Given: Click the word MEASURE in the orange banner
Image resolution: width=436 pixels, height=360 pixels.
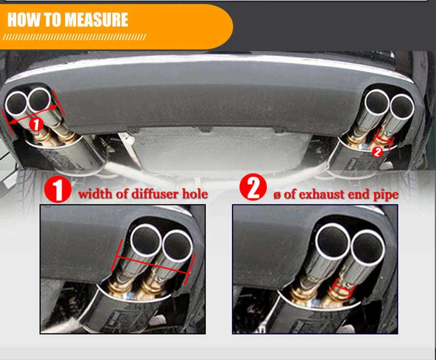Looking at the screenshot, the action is (x=96, y=20).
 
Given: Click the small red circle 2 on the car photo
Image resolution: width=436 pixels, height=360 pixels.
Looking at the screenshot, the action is (x=377, y=152).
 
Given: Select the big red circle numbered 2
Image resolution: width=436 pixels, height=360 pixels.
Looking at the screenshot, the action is (x=253, y=187).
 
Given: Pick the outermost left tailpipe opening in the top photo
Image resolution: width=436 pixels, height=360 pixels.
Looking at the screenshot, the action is (x=16, y=103).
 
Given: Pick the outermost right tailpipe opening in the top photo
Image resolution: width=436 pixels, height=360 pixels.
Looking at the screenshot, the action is (x=402, y=107).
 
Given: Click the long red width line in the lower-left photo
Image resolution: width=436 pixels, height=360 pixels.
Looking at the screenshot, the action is (x=153, y=264).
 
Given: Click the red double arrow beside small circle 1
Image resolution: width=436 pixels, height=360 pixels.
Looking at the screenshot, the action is (x=33, y=114).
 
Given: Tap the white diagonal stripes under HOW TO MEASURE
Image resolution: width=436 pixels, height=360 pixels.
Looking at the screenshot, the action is (x=74, y=37).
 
